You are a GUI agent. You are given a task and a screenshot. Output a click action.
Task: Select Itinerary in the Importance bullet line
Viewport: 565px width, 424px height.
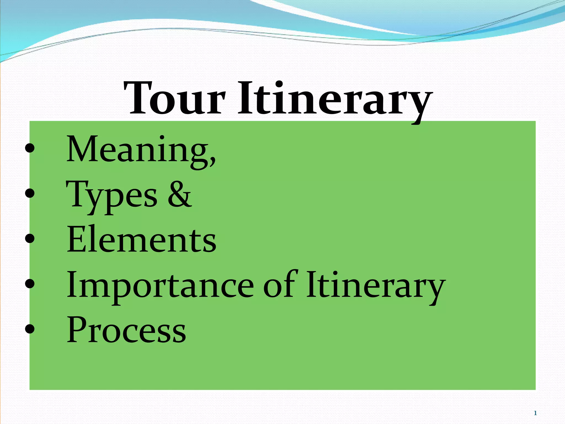[x=375, y=286]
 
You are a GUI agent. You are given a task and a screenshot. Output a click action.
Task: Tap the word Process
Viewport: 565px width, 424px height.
[x=126, y=330]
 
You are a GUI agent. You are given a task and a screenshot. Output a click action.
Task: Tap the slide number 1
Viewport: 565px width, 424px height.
[x=535, y=413]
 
